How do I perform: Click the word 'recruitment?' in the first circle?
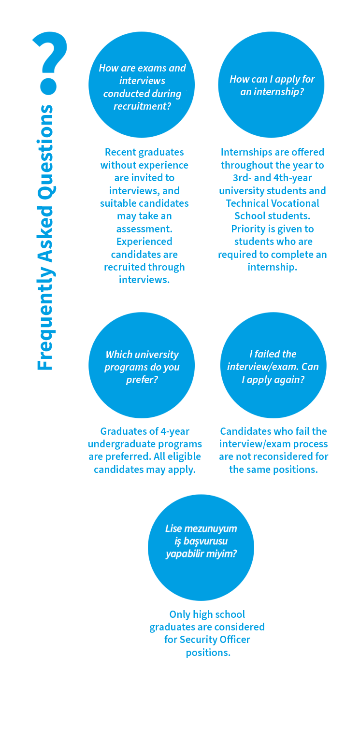[x=142, y=106]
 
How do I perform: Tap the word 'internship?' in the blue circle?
[x=272, y=91]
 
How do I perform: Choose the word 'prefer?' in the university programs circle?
[x=142, y=380]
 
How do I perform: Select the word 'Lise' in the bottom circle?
[x=174, y=528]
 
